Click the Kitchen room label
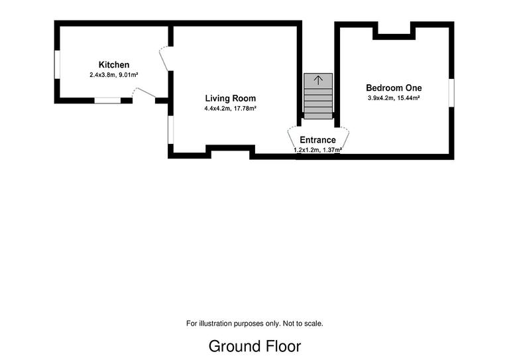114,65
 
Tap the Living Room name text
230,98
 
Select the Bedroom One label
394,88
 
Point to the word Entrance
317,140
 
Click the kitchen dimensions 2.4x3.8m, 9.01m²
114,75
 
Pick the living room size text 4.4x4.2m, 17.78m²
230,108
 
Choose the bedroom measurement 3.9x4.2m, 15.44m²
394,98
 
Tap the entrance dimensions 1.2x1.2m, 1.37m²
317,150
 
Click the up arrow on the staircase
318,80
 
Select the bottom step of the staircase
318,115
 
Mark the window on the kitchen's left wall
57,64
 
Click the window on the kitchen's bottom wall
107,101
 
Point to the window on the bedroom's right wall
451,91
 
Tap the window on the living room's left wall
170,129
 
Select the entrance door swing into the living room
293,138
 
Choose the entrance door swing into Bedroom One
343,138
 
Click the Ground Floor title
254,346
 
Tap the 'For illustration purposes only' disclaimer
254,324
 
